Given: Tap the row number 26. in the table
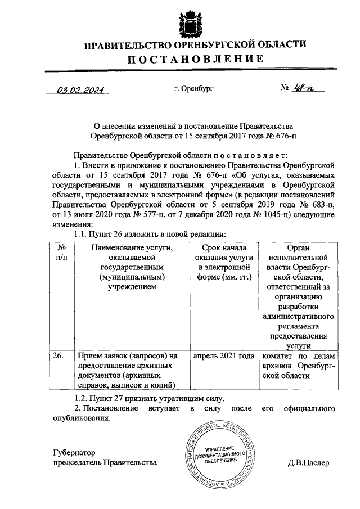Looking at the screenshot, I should tap(58, 356).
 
